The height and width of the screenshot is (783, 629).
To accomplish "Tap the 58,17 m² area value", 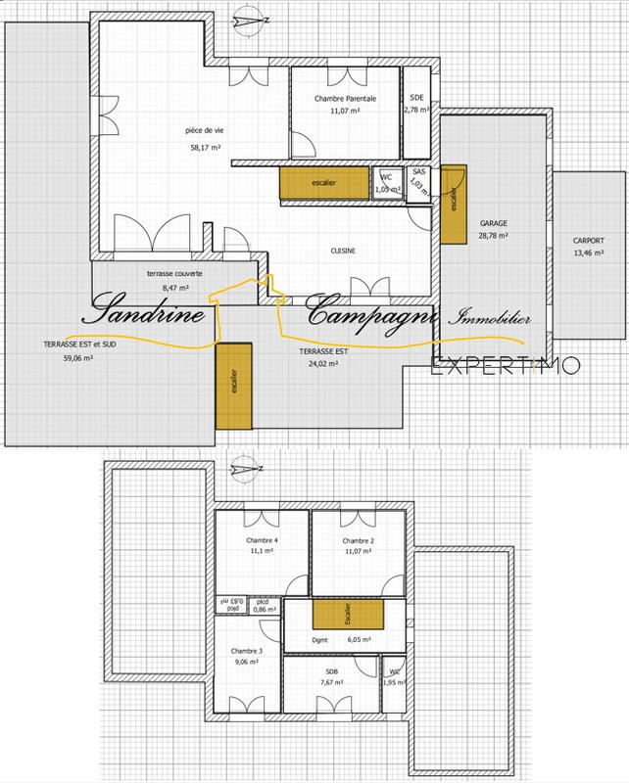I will (204, 148).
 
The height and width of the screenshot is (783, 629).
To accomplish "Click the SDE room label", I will (417, 100).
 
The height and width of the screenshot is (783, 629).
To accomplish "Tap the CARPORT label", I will (589, 241).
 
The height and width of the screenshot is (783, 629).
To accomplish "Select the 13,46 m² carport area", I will (589, 253).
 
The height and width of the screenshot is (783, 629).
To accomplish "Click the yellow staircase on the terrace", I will (233, 386).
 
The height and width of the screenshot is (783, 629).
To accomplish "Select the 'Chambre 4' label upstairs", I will (262, 541).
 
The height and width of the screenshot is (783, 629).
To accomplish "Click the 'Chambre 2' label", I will (360, 541).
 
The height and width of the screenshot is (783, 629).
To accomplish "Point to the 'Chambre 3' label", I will (247, 651).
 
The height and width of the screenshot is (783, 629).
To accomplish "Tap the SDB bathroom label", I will (331, 671).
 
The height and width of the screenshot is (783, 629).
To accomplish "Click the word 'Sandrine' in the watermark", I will (146, 314).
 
